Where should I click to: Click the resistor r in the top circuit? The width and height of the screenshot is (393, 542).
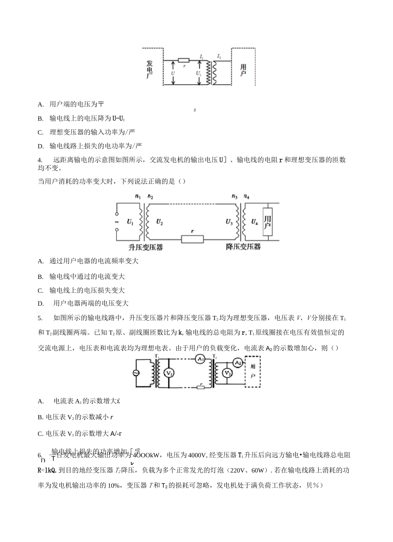tap(184, 60)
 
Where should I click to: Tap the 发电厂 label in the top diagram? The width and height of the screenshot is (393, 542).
tap(150, 70)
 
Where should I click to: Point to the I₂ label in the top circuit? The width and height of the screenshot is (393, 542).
tap(219, 56)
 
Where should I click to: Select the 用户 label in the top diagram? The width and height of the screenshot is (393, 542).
tap(243, 70)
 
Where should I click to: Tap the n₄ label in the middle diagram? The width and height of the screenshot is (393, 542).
tap(247, 197)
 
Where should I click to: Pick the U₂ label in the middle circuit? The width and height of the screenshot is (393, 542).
tap(160, 222)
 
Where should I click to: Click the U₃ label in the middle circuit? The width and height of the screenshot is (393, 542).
tap(229, 222)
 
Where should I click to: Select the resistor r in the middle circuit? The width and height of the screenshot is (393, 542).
tap(192, 238)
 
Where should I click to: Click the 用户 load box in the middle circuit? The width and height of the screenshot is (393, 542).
tap(268, 222)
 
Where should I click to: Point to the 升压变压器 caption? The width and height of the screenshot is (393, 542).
tap(145, 247)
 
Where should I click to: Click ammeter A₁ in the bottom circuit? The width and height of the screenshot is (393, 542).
tap(200, 359)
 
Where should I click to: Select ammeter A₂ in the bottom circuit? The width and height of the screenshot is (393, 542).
tap(237, 363)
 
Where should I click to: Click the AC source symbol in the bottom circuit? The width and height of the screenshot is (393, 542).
tap(135, 373)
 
